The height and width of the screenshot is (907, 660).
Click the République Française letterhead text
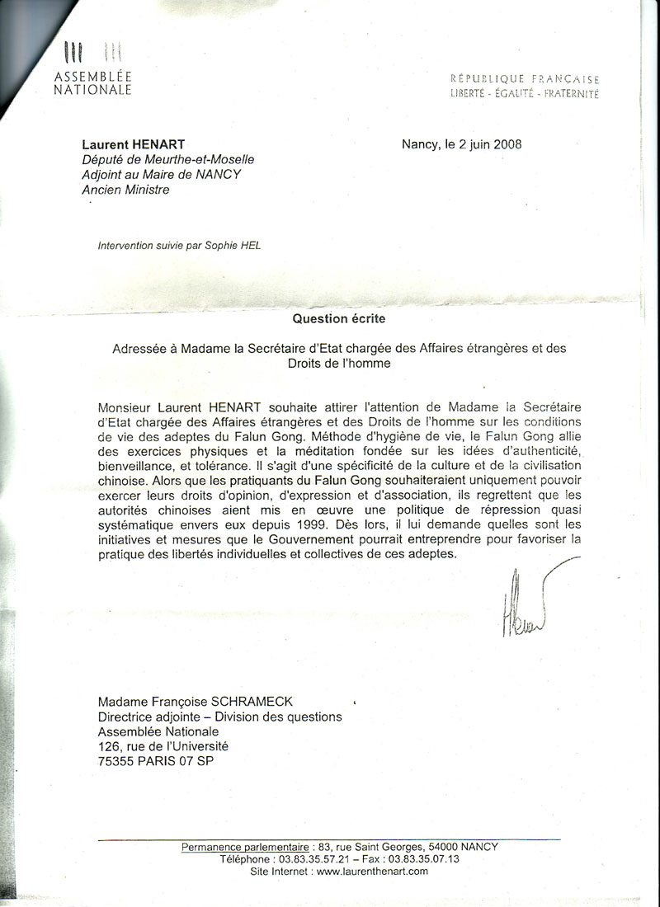click(526, 79)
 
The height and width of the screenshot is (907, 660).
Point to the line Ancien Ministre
click(125, 190)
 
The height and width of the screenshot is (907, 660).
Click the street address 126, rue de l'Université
click(163, 746)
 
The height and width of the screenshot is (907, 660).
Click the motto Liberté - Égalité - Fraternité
click(526, 93)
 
